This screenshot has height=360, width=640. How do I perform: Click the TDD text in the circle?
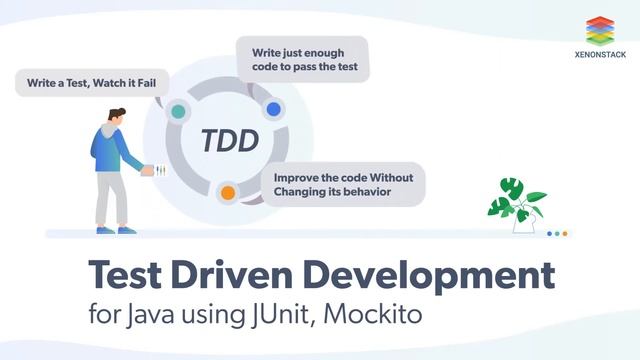click(229, 140)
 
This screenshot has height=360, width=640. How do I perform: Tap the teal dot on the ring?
click(178, 111)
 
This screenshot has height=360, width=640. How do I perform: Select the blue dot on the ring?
click(273, 108)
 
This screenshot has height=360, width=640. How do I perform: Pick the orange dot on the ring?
click(228, 192)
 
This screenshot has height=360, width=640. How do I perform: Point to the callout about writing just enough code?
click(301, 59)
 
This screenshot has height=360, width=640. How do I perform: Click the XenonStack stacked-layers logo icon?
click(599, 29)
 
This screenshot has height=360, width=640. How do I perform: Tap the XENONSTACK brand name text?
click(599, 55)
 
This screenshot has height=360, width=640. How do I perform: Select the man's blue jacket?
click(109, 150)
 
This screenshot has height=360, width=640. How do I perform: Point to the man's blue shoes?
click(112, 230)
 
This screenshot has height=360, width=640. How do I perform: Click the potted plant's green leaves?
click(515, 199)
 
